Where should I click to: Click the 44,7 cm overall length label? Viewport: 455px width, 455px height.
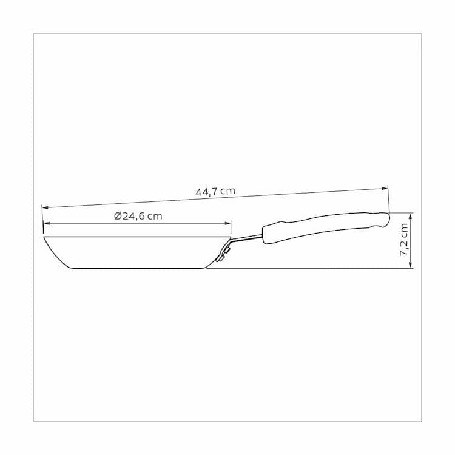click(x=215, y=192)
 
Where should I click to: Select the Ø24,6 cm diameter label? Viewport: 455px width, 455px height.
click(x=138, y=216)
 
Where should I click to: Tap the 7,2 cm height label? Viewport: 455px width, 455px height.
click(x=404, y=240)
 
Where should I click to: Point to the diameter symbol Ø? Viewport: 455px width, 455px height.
click(x=118, y=216)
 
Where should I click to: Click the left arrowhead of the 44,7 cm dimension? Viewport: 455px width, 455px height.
click(x=45, y=207)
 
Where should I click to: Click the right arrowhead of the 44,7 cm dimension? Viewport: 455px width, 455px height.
click(x=385, y=189)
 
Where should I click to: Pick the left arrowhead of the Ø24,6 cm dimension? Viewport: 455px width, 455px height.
click(x=47, y=223)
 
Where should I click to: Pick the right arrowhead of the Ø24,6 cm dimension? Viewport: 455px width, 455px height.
click(x=227, y=223)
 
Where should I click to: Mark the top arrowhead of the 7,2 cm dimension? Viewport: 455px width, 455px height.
click(x=410, y=216)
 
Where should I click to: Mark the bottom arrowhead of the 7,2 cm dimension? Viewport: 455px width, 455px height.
click(x=410, y=265)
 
